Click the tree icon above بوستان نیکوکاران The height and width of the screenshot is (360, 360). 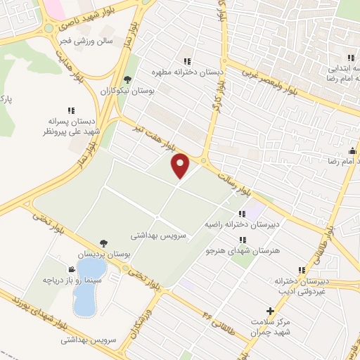coord(127,79)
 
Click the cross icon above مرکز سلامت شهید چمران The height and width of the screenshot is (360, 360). coord(269,311)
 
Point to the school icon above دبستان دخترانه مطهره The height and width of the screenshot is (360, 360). coord(187,60)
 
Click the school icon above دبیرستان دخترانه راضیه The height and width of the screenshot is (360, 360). coord(242,214)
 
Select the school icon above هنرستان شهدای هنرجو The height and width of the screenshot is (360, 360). coord(243,240)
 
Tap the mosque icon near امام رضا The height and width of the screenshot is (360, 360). coord(352,150)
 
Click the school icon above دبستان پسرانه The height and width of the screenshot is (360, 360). coord(71,110)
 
